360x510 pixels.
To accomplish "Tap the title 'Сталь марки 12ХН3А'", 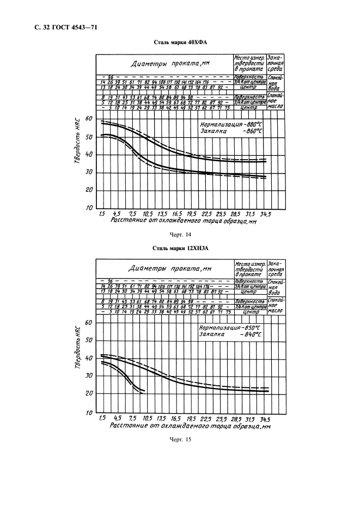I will (x=180, y=248).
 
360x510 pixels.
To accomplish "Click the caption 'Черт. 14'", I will (x=180, y=235).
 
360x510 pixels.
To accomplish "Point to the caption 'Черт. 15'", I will (x=180, y=439).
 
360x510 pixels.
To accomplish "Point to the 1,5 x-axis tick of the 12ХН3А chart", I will (x=102, y=418).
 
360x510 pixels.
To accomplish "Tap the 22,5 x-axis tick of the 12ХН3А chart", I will (x=206, y=418).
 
